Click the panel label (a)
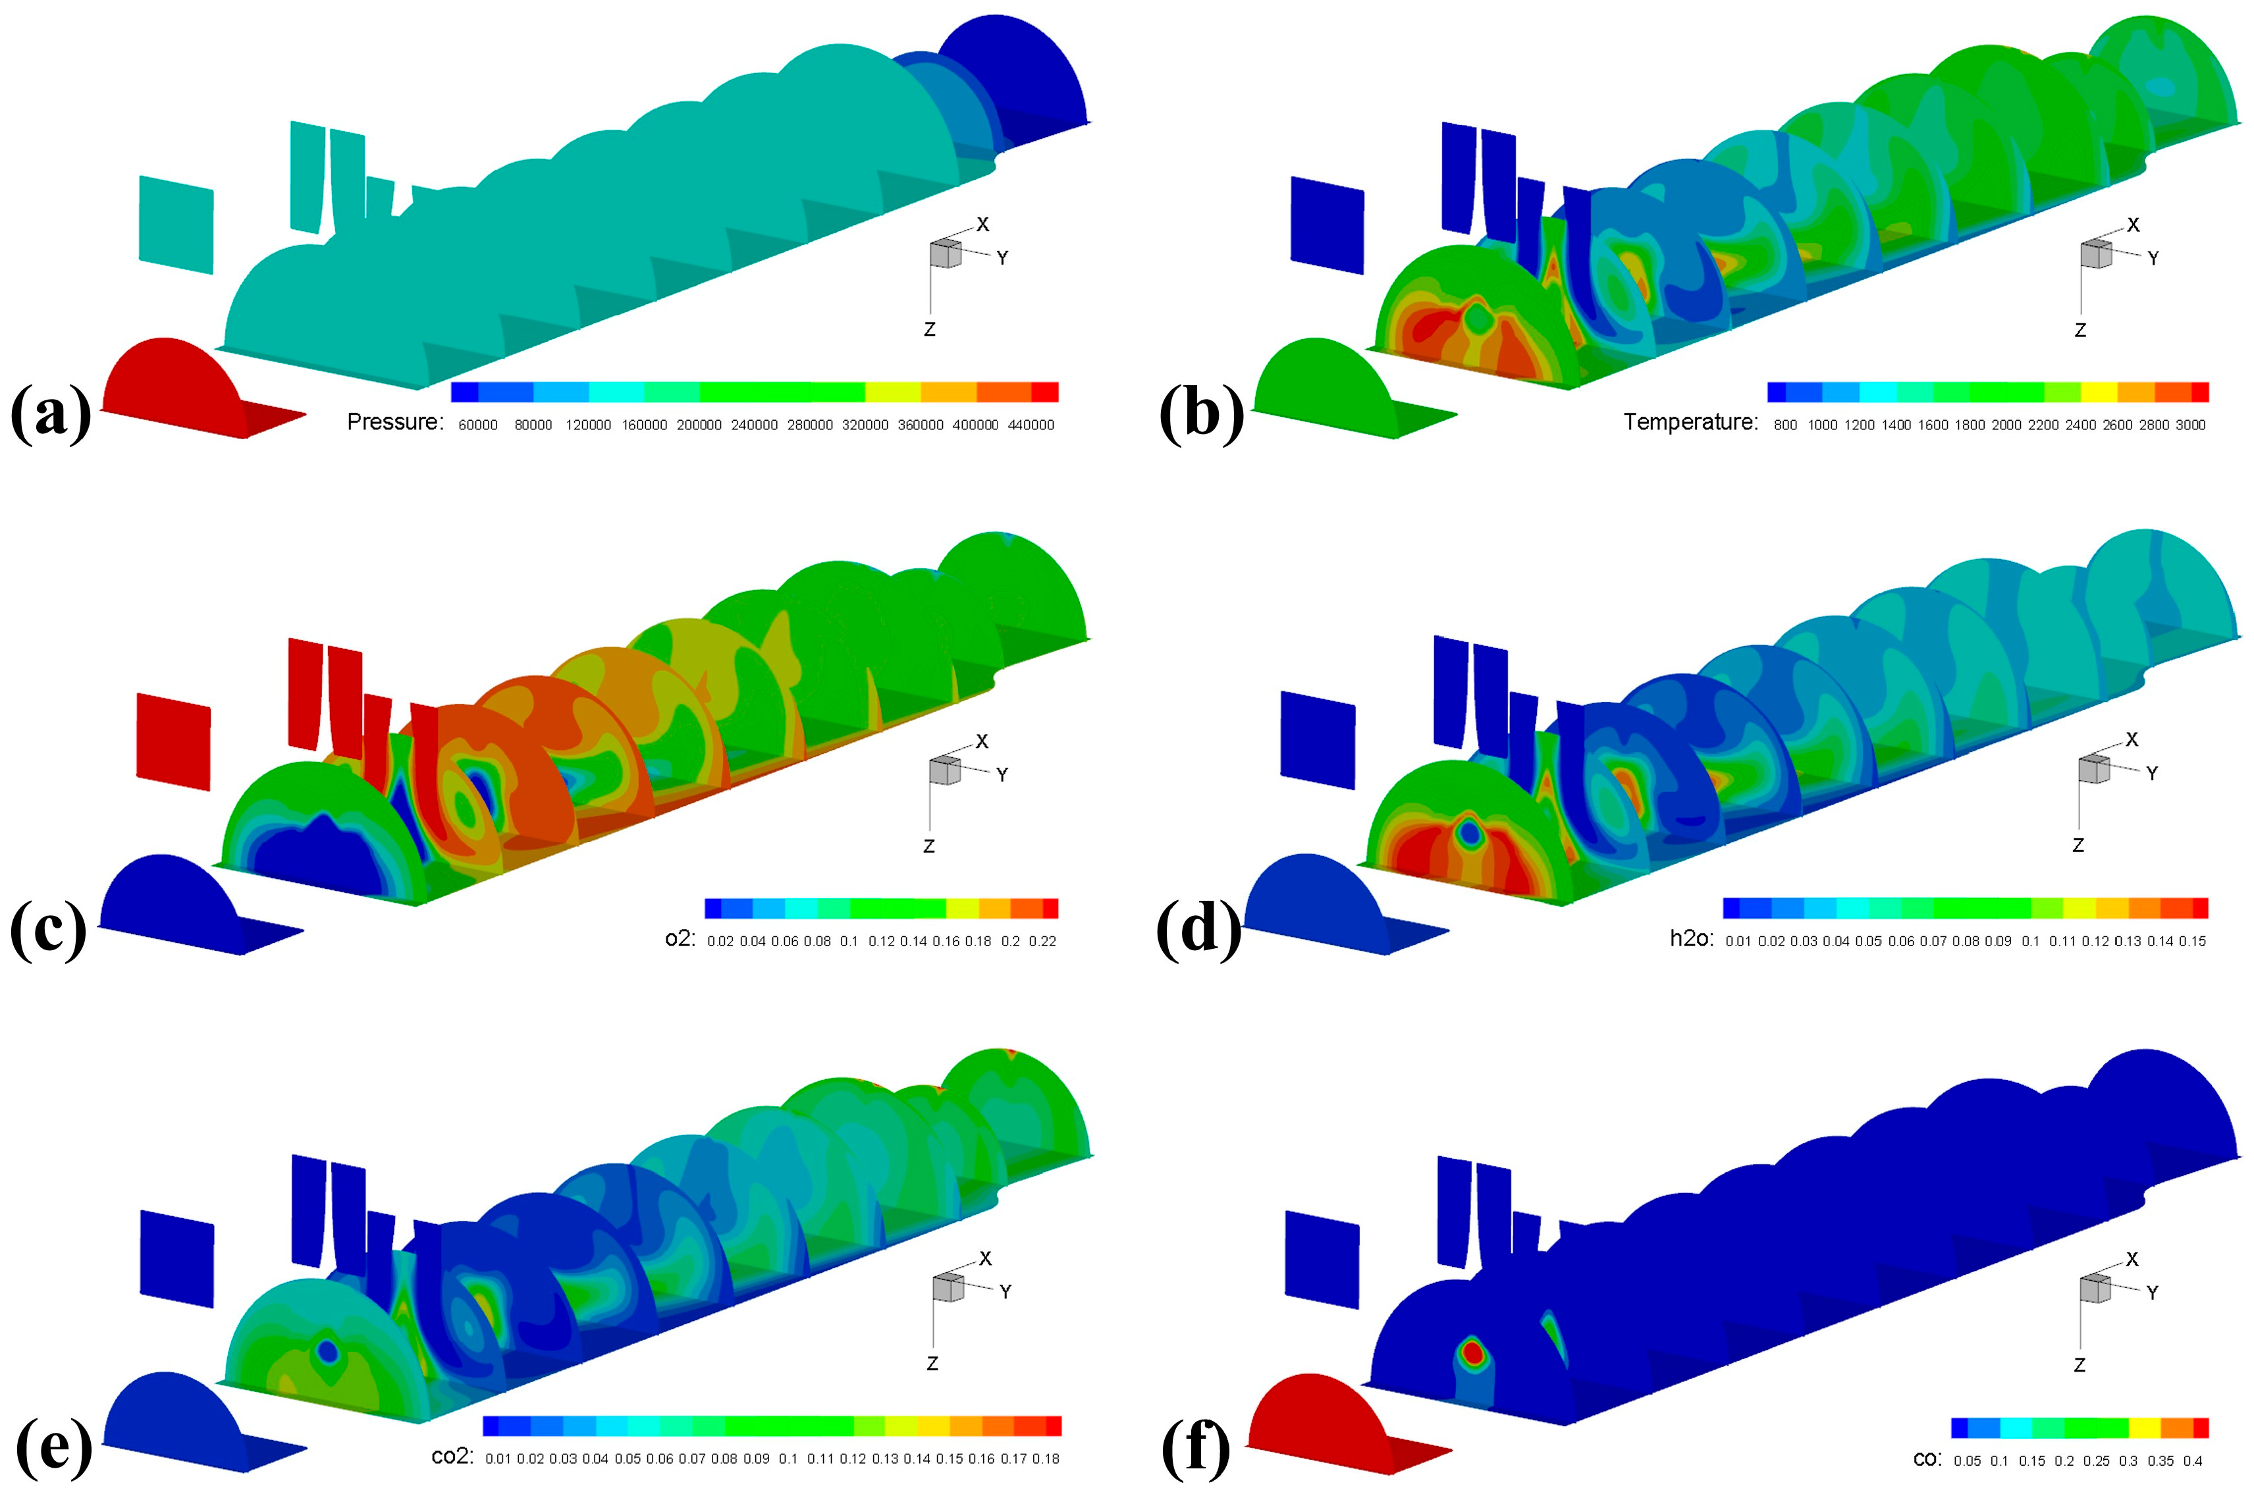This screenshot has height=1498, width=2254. (x=51, y=414)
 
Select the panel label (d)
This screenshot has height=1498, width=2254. (x=1198, y=930)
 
